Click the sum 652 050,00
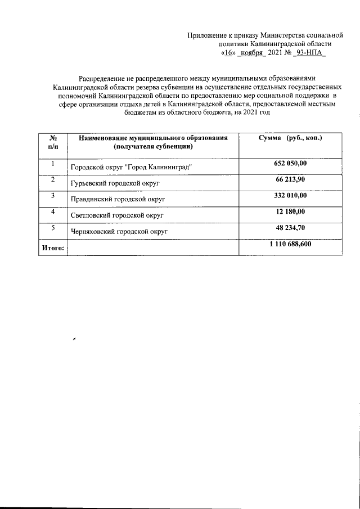click(x=289, y=163)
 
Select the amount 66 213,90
click(x=290, y=179)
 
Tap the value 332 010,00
click(x=289, y=195)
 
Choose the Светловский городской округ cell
click(x=117, y=215)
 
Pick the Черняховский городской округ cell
click(x=119, y=231)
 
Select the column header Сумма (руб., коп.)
click(x=290, y=138)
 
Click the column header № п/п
click(x=52, y=142)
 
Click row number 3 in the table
click(x=52, y=195)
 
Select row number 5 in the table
click(x=52, y=227)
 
